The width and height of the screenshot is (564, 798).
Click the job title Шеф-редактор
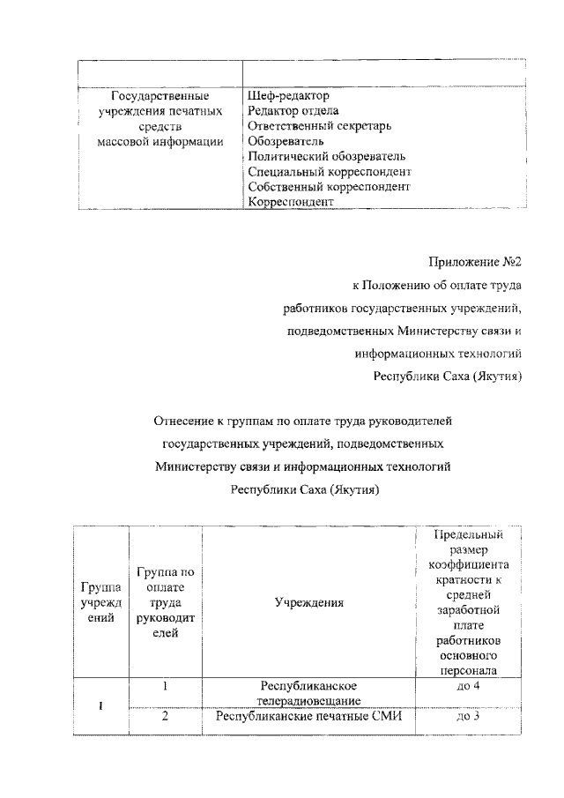click(x=287, y=94)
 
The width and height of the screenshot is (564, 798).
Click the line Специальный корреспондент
click(x=330, y=171)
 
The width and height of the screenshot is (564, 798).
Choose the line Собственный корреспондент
click(x=329, y=187)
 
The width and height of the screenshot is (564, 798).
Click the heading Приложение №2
click(x=476, y=262)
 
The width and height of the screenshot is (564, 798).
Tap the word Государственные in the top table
click(x=160, y=94)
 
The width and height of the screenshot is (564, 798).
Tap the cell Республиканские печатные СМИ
click(x=308, y=716)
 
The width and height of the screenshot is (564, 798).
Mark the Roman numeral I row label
click(x=100, y=702)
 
